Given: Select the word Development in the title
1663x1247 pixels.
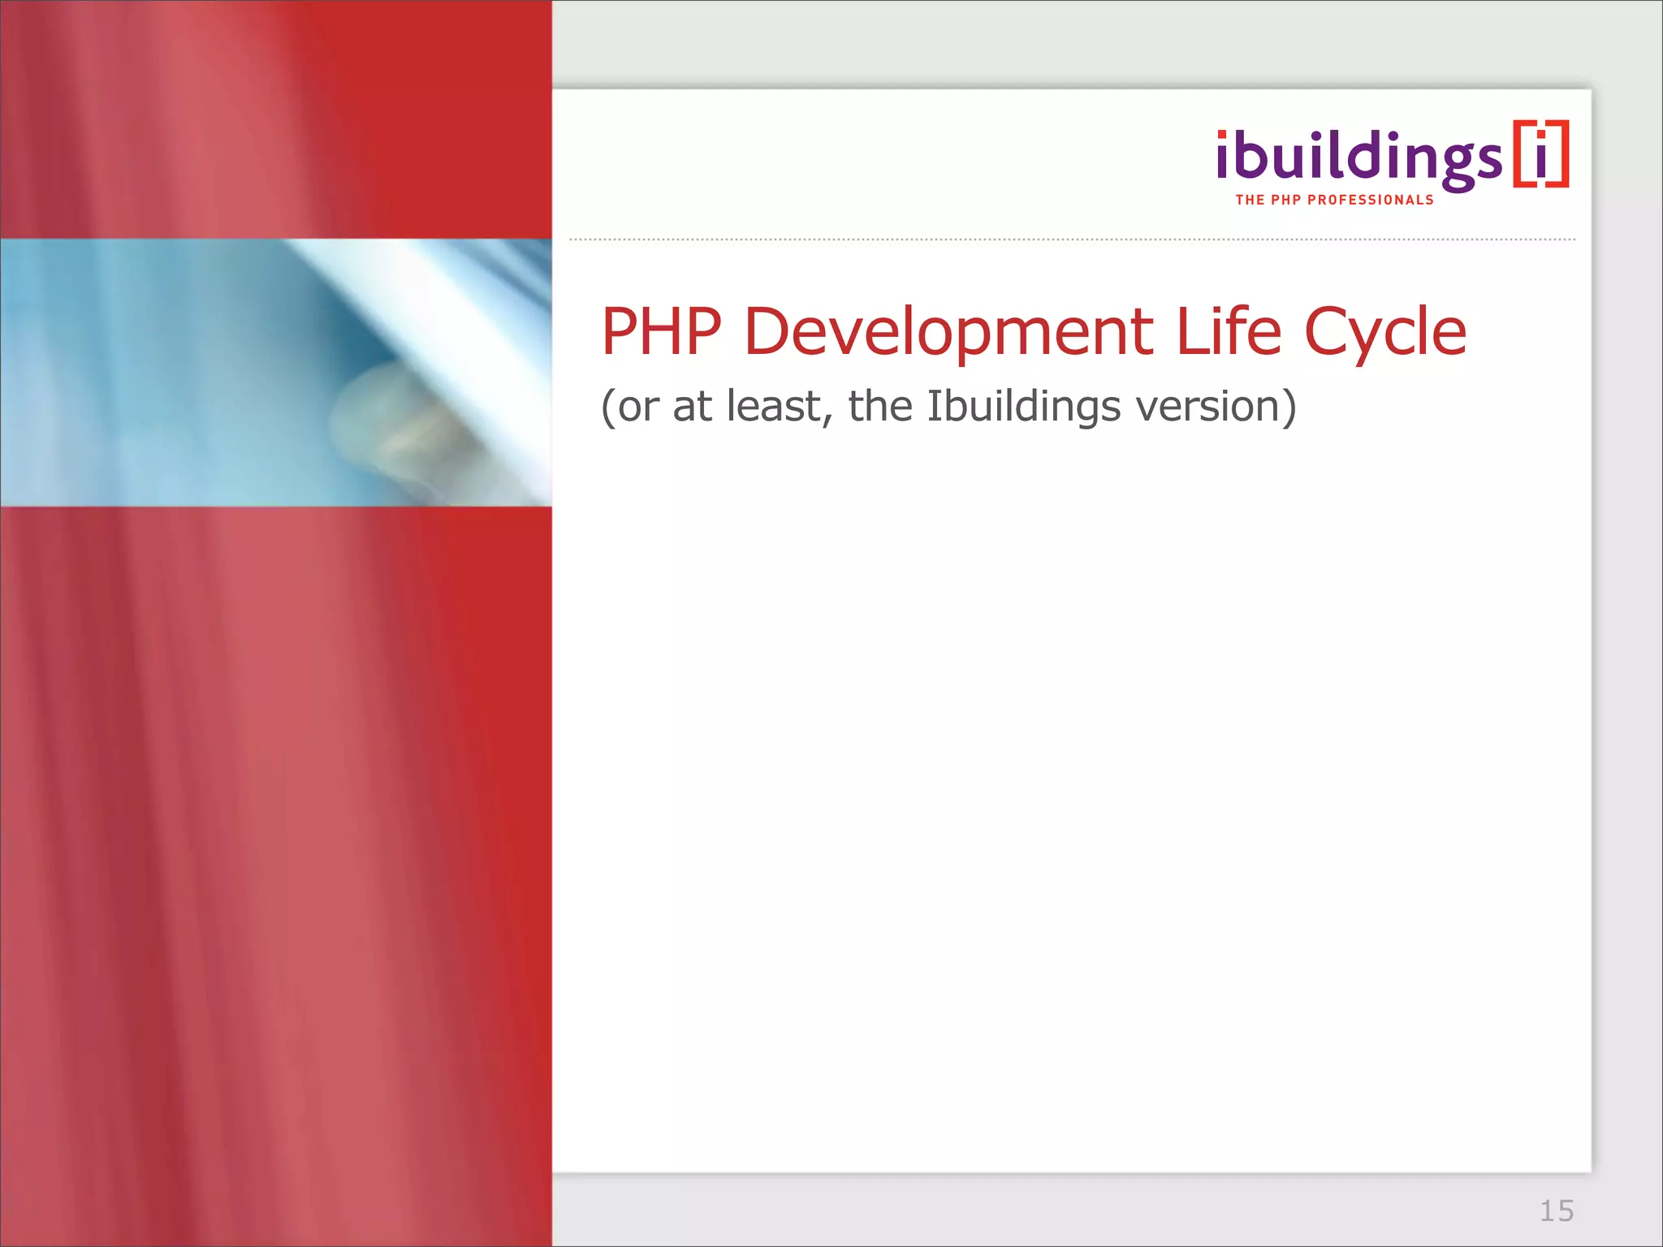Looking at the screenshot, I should [x=948, y=333].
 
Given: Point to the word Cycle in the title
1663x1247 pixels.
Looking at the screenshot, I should [x=1384, y=333].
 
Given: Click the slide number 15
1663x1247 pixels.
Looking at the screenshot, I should [x=1557, y=1210].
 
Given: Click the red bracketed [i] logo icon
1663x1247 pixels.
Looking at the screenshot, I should [x=1540, y=154].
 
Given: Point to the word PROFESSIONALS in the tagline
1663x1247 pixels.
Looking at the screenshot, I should [x=1371, y=200].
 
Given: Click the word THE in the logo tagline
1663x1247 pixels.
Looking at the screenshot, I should [x=1250, y=200].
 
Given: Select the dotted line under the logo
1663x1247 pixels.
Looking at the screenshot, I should [x=1072, y=239].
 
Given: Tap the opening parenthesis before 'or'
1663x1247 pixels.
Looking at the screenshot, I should [x=607, y=407].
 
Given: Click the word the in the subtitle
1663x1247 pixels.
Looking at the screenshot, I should [x=880, y=406].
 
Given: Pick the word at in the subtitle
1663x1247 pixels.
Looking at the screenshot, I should [x=692, y=406].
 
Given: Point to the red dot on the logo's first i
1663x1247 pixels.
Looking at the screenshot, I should [x=1223, y=136].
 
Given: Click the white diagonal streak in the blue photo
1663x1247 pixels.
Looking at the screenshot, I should [x=455, y=325].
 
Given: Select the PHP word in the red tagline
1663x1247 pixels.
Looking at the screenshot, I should [x=1286, y=200].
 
